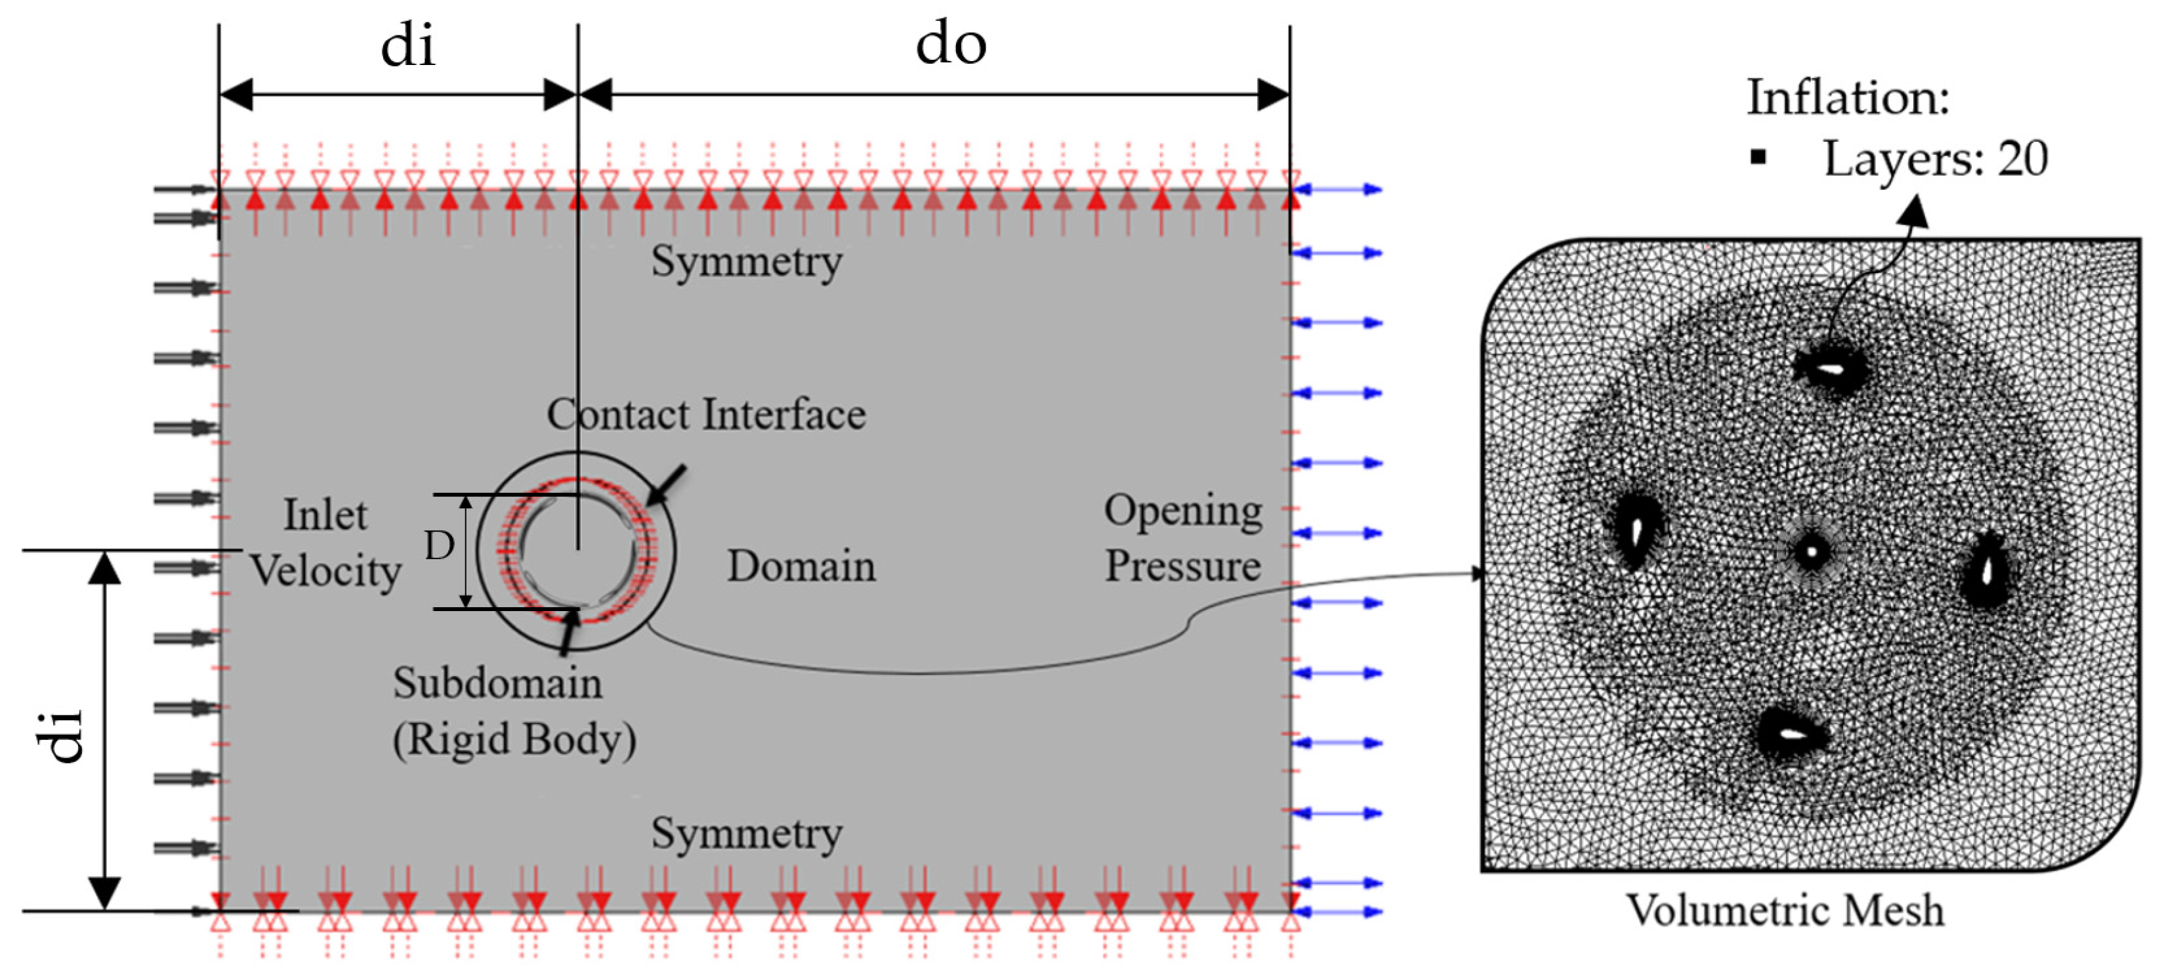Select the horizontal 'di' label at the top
click(407, 46)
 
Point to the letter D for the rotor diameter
click(438, 546)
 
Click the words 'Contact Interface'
click(705, 414)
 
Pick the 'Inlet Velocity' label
click(326, 543)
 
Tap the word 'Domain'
click(801, 565)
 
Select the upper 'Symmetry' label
click(746, 261)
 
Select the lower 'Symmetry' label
click(746, 834)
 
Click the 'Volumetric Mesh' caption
click(1785, 910)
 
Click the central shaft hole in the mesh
click(1811, 552)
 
